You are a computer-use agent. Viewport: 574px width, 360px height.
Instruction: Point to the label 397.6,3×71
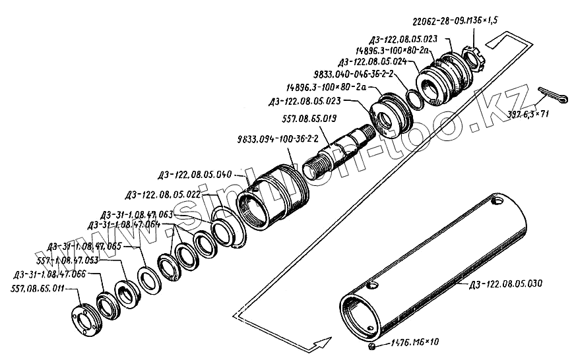click(x=528, y=114)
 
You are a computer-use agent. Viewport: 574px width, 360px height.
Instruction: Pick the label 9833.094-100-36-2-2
click(x=277, y=140)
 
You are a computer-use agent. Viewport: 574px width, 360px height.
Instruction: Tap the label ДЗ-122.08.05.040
click(x=195, y=175)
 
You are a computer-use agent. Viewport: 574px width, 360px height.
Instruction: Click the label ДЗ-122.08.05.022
click(x=162, y=195)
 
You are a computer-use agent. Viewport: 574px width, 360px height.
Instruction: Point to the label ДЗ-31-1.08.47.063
click(x=137, y=214)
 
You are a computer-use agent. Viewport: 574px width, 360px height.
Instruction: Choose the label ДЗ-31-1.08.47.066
click(x=49, y=274)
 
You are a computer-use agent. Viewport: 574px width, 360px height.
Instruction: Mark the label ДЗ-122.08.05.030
click(x=505, y=284)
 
